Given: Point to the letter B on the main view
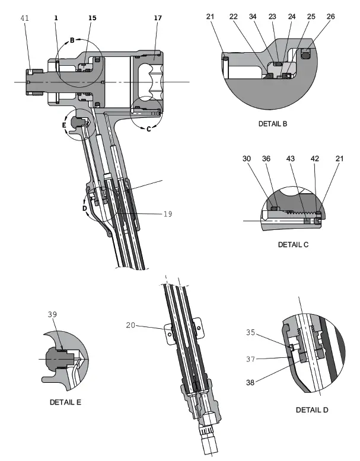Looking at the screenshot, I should (72, 41).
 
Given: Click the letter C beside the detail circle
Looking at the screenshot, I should (148, 129).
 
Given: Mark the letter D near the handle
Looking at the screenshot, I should (84, 209).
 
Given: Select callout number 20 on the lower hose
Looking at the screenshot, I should (130, 324).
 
